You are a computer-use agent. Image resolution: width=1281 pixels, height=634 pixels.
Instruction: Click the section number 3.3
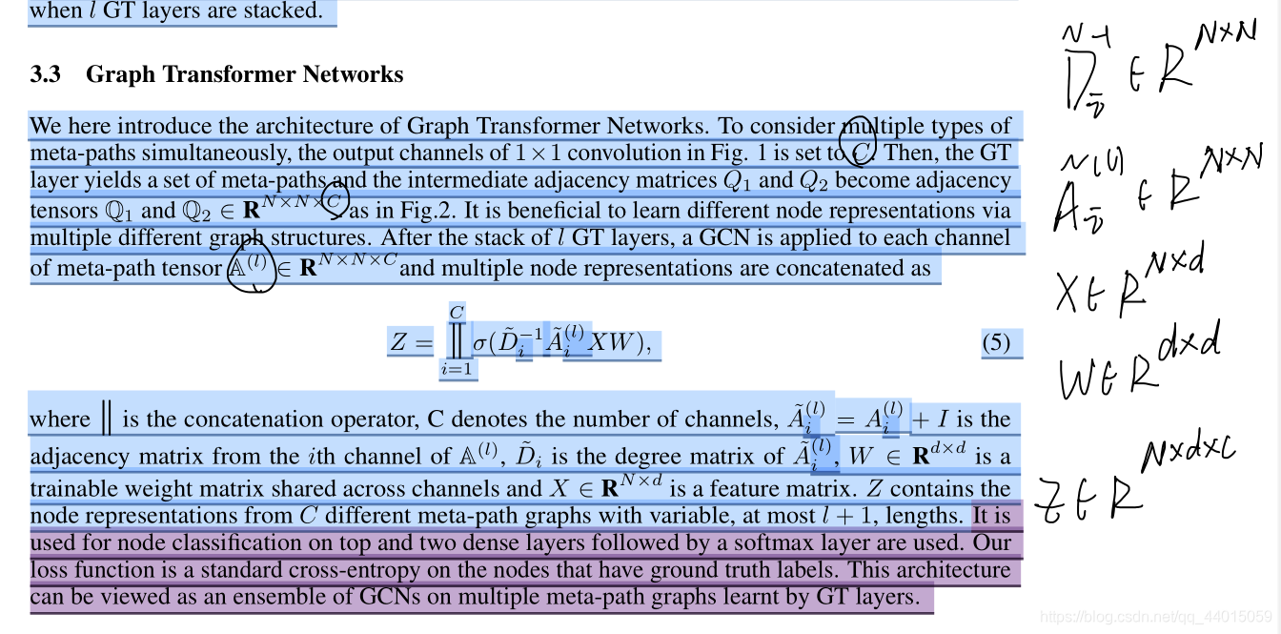pos(45,74)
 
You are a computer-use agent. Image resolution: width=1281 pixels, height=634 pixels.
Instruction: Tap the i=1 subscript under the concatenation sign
pos(457,369)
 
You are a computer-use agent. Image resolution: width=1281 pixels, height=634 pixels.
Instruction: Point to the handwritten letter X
pos(1069,294)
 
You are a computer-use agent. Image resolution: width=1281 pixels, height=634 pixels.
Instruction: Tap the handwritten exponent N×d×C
pos(1192,456)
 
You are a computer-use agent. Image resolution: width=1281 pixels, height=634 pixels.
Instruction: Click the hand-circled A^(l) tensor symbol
pos(245,267)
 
